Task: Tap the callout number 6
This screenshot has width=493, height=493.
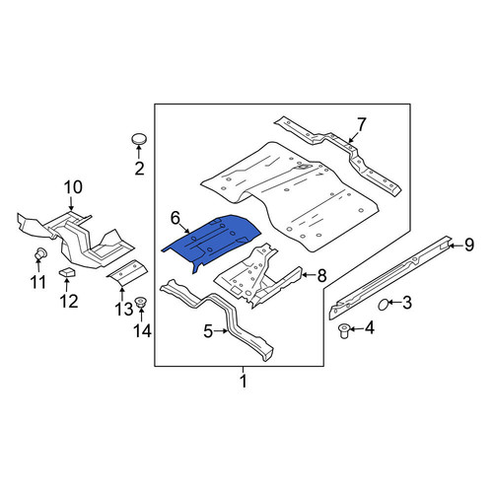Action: coord(176,218)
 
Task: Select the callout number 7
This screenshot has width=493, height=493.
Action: coord(361,125)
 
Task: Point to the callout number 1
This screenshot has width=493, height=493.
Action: coord(244,382)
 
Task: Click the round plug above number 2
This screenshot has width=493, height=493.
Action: coord(139,139)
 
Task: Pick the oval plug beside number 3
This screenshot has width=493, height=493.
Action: coord(383,305)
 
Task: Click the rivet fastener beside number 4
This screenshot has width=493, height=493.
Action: coord(344,330)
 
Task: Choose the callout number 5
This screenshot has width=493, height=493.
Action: coord(208,331)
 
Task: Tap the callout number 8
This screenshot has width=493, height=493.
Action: coord(321,275)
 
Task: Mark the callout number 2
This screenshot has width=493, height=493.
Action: coord(139,169)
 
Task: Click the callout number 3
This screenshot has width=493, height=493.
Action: coord(407,303)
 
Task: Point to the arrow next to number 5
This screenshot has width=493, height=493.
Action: coord(221,331)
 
